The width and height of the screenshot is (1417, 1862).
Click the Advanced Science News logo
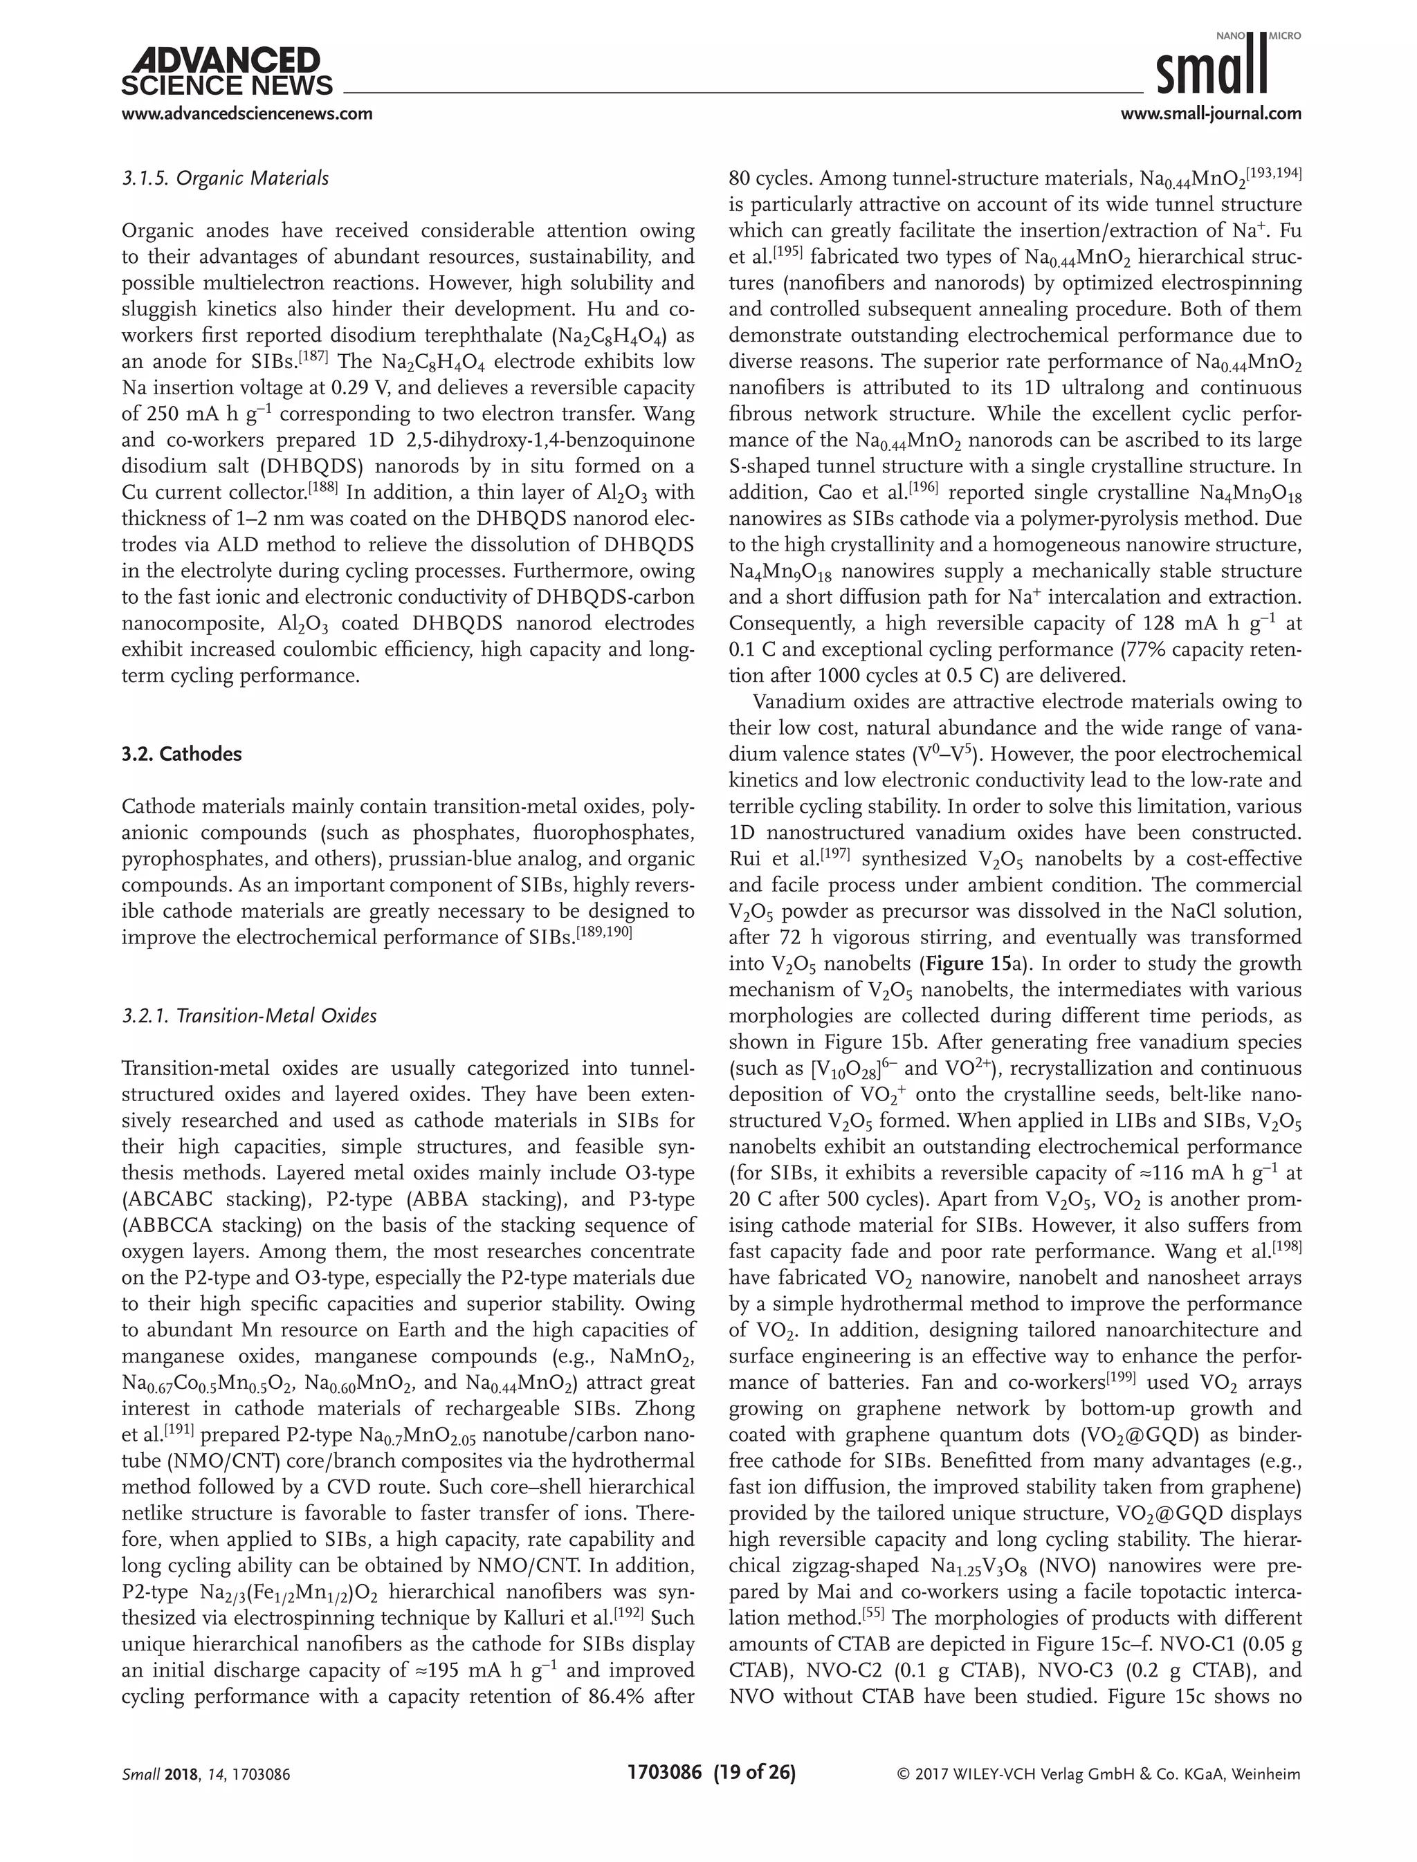(x=227, y=73)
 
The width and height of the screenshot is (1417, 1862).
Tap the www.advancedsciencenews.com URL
(x=247, y=113)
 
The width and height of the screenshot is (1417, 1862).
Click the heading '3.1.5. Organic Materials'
(x=225, y=178)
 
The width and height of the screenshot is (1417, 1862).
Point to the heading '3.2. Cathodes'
(x=181, y=754)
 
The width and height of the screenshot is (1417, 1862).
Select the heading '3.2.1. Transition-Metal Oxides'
(x=249, y=1016)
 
